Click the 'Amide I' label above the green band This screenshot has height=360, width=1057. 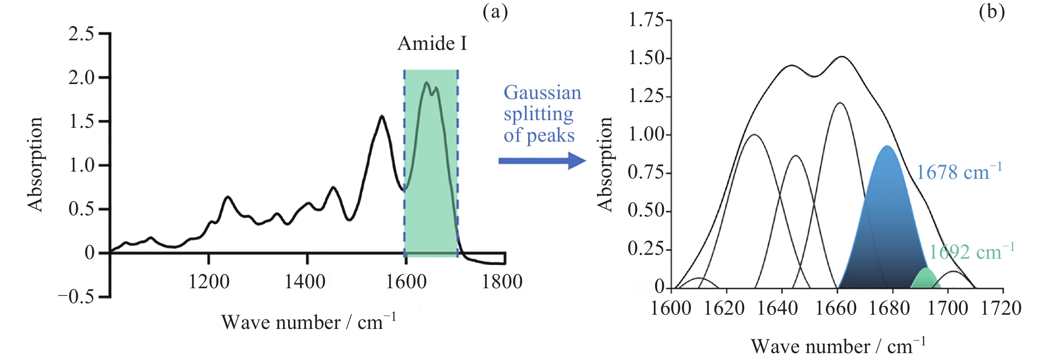click(x=432, y=43)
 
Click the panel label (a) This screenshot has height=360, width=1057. click(x=495, y=12)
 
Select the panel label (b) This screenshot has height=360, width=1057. click(x=992, y=12)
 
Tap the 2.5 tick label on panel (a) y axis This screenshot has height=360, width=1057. click(x=81, y=34)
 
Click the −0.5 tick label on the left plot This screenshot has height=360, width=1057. click(x=76, y=296)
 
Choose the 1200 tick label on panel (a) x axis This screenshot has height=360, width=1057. click(x=209, y=282)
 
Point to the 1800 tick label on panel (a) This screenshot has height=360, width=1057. click(x=502, y=282)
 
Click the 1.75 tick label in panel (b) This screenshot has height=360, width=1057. click(x=646, y=20)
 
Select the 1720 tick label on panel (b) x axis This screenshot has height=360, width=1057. click(x=1001, y=308)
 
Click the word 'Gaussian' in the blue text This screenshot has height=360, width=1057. click(x=542, y=93)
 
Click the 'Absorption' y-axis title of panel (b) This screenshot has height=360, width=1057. click(x=605, y=164)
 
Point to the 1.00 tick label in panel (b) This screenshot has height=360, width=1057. click(x=646, y=135)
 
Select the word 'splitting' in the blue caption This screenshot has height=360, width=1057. click(x=538, y=114)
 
